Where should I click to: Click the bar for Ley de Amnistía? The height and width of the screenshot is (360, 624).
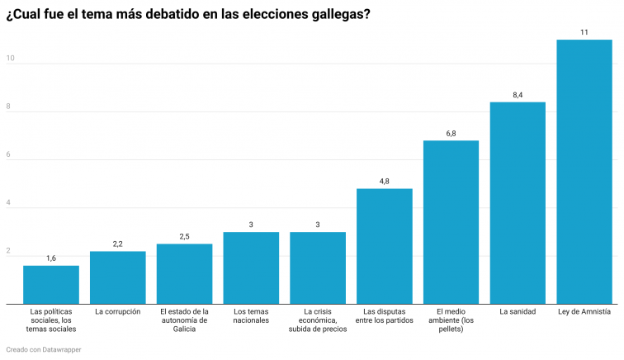tap(584, 172)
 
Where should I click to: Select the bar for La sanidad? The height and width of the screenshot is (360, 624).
tap(518, 203)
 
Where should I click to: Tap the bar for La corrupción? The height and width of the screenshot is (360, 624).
tap(117, 277)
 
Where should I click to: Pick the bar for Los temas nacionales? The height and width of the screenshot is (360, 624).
tap(251, 268)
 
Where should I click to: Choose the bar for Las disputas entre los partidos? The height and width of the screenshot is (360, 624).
tap(384, 246)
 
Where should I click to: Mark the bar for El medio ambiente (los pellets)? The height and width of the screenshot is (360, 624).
tap(451, 222)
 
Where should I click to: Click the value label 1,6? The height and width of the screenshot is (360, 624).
tap(51, 258)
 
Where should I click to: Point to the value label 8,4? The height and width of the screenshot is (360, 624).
tap(518, 95)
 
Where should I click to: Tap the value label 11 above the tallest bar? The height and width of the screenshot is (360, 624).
tap(584, 32)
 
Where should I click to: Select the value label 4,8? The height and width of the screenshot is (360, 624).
tap(384, 182)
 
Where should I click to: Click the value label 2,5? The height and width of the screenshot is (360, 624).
tap(184, 237)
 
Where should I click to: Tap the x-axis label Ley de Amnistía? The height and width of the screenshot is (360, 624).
tap(584, 312)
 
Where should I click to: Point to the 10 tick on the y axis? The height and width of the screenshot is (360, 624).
tap(10, 59)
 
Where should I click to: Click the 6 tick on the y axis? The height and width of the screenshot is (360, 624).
tap(10, 155)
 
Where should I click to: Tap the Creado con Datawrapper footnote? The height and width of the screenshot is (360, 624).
tap(44, 349)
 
